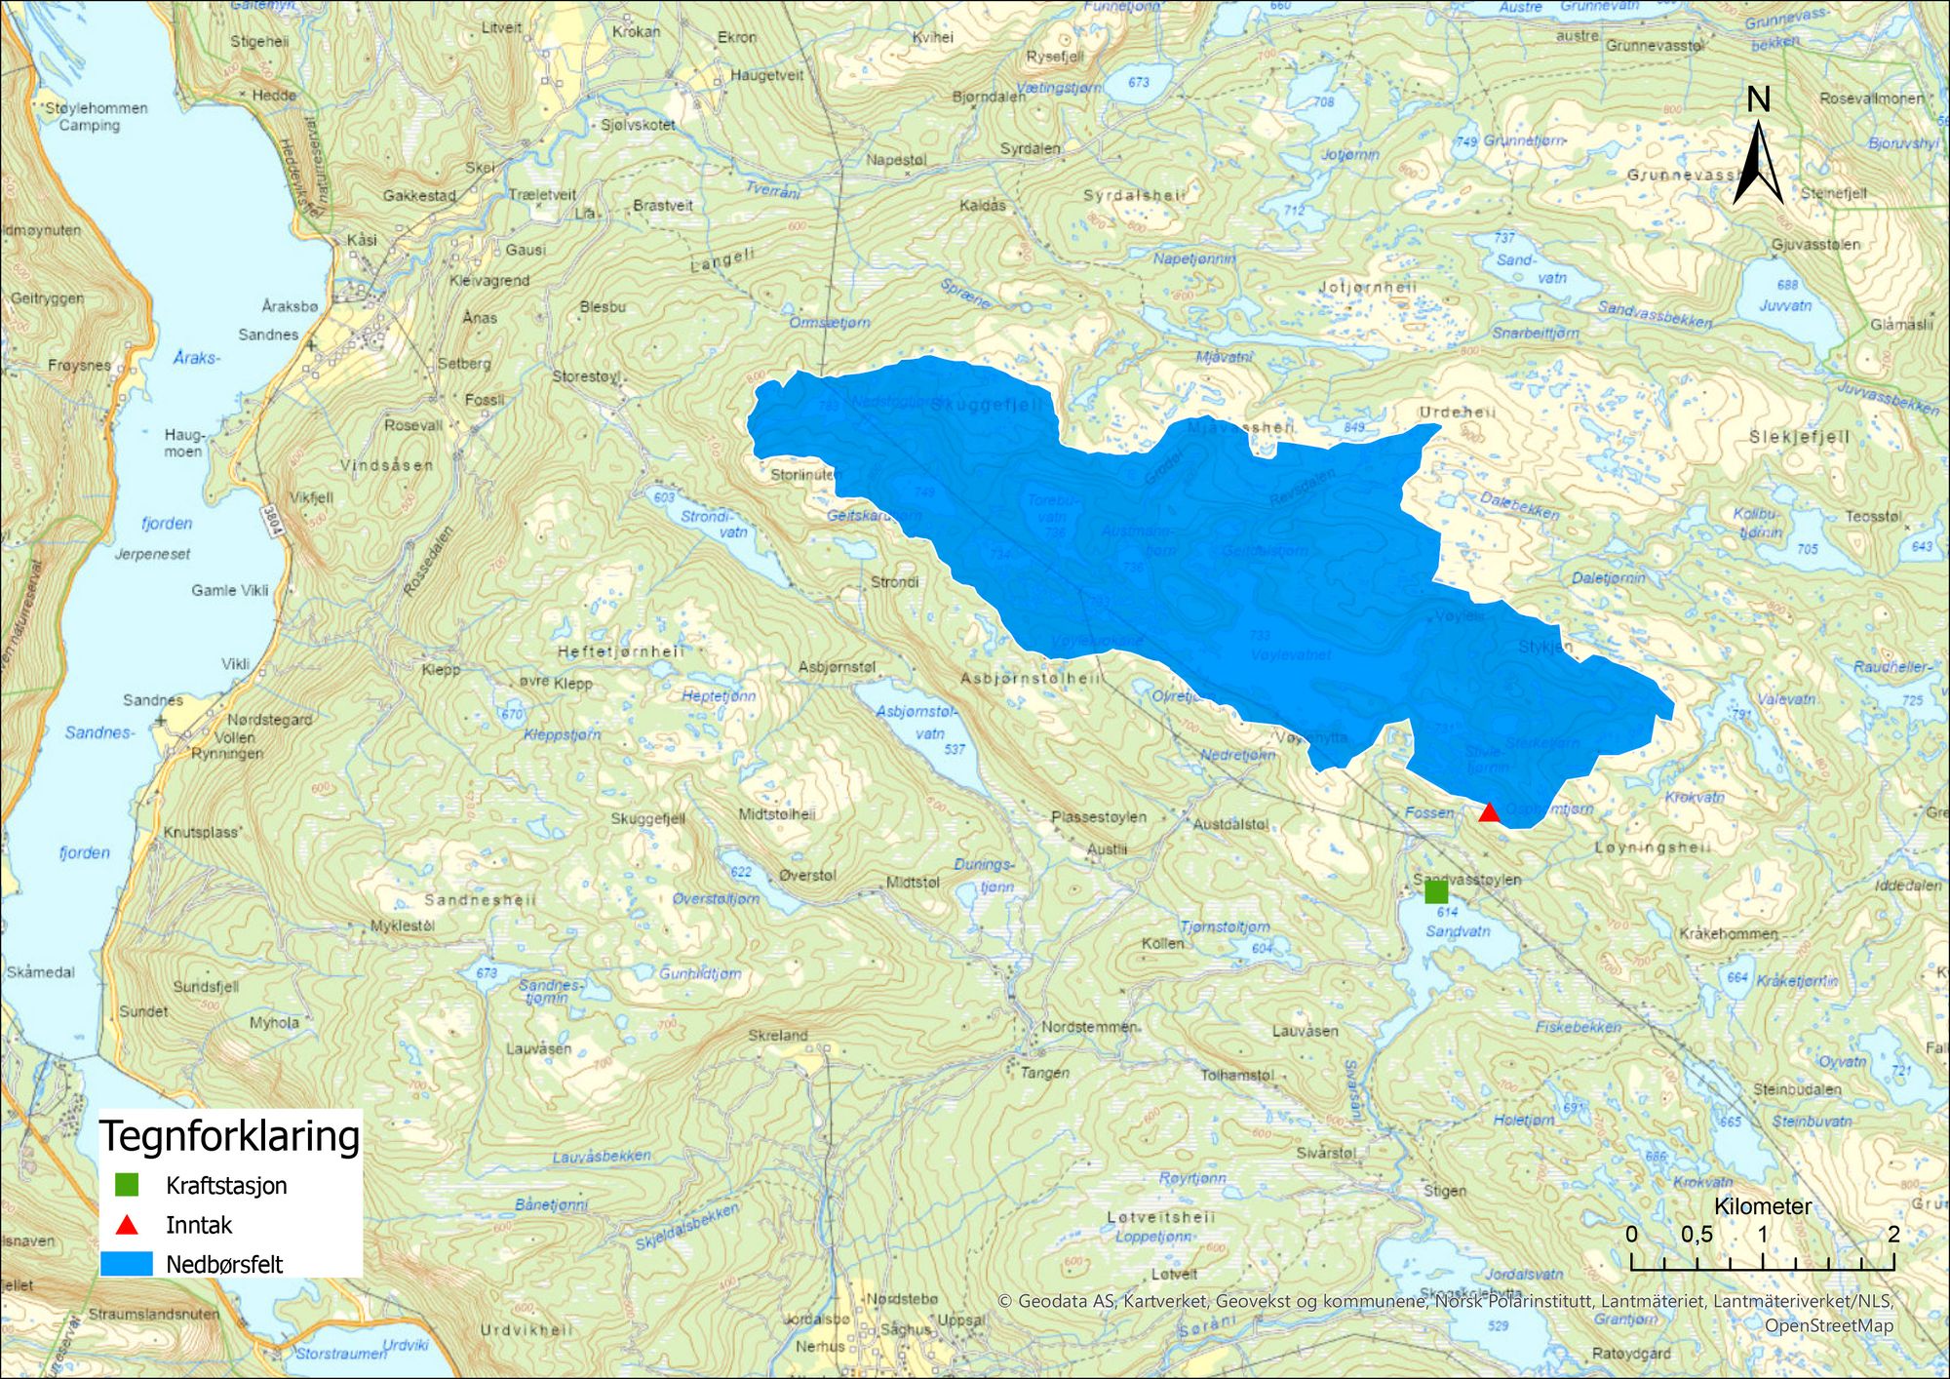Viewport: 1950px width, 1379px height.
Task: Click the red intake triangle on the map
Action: [x=1489, y=812]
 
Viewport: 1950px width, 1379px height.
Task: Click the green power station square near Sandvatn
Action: [x=1436, y=891]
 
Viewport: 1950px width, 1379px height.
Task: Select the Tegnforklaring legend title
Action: [x=230, y=1136]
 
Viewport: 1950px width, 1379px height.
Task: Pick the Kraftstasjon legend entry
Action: [x=226, y=1186]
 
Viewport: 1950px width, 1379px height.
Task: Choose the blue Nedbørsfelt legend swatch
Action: [x=127, y=1264]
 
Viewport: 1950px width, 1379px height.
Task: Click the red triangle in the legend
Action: [x=127, y=1225]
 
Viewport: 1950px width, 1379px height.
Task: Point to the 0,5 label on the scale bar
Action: [x=1696, y=1235]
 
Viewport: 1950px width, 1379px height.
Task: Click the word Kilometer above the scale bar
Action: [x=1763, y=1206]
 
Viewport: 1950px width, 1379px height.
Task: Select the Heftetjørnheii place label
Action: [x=621, y=651]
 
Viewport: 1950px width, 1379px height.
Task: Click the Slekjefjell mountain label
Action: [x=1799, y=437]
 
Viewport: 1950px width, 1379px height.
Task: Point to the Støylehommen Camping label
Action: [x=96, y=116]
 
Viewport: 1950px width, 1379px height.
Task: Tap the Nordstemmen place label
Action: [x=1088, y=1027]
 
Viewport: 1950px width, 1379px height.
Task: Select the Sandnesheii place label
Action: [x=480, y=899]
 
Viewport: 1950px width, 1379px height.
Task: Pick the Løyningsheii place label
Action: [x=1653, y=847]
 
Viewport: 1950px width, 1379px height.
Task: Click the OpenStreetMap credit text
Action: [x=1828, y=1325]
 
